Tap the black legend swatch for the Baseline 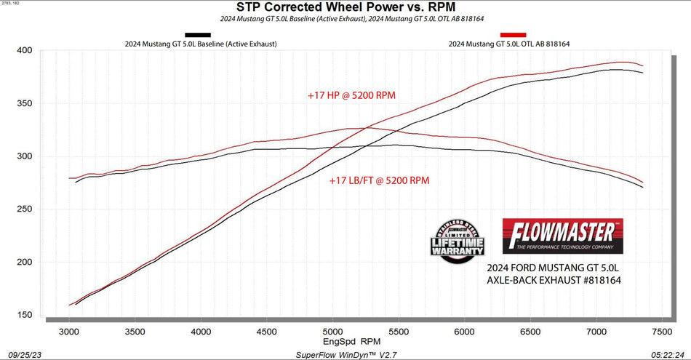(x=198, y=34)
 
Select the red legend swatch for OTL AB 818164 (x=514, y=34)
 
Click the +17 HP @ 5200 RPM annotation (x=351, y=95)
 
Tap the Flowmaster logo (x=562, y=236)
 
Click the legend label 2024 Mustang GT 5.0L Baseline (x=201, y=44)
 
